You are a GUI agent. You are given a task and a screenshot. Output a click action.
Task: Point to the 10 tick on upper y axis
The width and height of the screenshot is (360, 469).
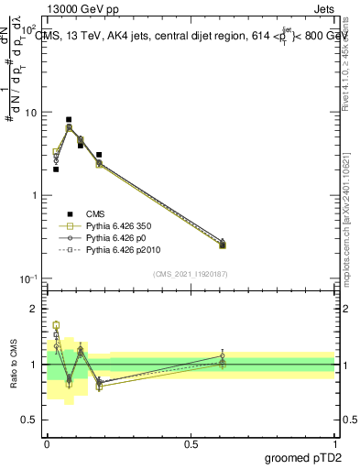coord(29,113)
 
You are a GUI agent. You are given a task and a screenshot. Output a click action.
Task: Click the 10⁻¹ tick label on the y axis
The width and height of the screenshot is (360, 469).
coord(27,279)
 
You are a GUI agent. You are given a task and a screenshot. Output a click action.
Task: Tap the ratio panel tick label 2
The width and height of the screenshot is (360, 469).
coord(36,309)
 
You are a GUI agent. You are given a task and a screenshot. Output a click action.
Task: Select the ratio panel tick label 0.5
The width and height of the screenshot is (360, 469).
coord(30,420)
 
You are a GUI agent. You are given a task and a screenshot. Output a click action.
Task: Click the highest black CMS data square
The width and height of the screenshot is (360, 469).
coord(69,119)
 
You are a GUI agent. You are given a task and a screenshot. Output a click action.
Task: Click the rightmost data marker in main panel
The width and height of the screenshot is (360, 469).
coord(223,244)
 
